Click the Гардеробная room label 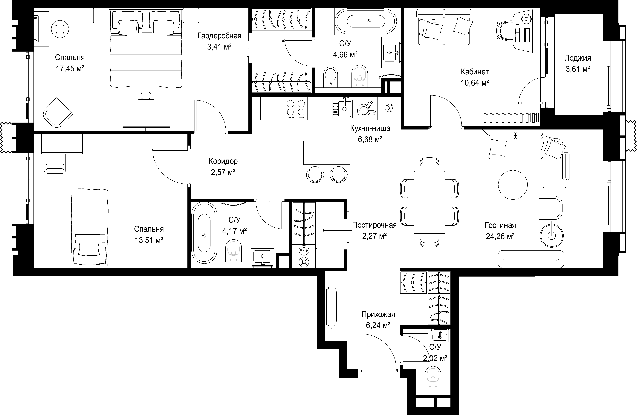pyautogui.click(x=219, y=36)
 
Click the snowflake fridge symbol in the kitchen pyautogui.click(x=389, y=108)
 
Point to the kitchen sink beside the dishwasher pyautogui.click(x=342, y=108)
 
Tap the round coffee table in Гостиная pyautogui.click(x=513, y=185)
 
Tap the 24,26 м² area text pyautogui.click(x=500, y=236)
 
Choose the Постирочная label pyautogui.click(x=374, y=225)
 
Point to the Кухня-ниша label pyautogui.click(x=370, y=128)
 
